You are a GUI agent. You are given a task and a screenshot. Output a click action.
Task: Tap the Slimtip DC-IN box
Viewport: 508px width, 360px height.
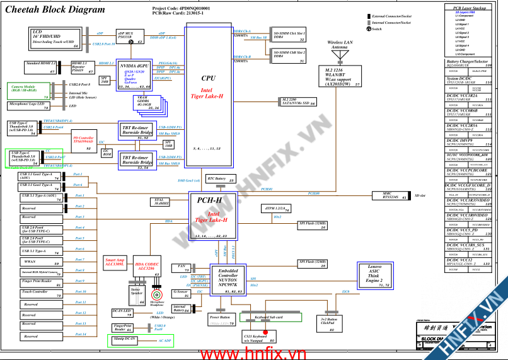point(130,340)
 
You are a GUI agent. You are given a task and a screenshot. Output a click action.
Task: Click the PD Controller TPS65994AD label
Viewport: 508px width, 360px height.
point(83,140)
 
